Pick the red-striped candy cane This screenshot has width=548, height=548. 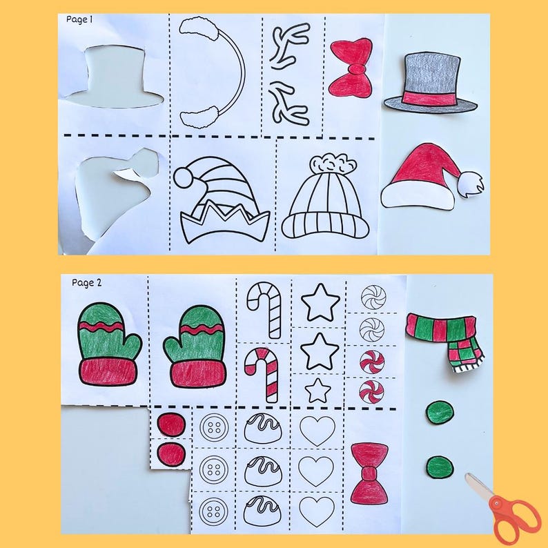pyautogui.click(x=263, y=373)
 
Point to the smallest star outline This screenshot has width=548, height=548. pyautogui.click(x=318, y=390)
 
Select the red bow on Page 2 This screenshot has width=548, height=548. pyautogui.click(x=369, y=472)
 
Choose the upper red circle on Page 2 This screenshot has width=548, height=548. pyautogui.click(x=170, y=424)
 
